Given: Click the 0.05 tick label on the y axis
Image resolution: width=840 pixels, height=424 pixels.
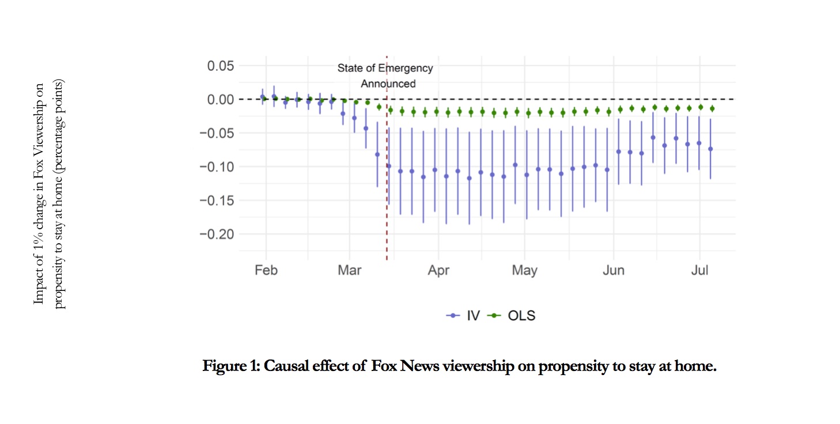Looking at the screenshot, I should pos(221,66).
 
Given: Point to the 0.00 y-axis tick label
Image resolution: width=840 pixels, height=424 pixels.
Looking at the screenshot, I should pos(221,99).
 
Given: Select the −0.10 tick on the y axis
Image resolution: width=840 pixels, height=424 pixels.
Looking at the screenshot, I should pos(217,167).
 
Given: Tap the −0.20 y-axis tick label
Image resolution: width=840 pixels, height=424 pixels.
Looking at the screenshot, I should pos(217,234).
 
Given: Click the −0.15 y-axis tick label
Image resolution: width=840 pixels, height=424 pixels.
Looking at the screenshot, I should pos(217,200).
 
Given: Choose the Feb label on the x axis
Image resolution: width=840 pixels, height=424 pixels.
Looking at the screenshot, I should pos(266,270).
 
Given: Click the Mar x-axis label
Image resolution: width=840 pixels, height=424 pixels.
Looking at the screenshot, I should pos(349,270).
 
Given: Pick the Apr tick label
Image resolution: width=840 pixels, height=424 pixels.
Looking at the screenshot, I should pos(438,270).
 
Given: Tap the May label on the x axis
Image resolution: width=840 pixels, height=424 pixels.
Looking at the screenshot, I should pos(524,270).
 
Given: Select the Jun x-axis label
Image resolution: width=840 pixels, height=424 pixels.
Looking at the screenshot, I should pos(614,270).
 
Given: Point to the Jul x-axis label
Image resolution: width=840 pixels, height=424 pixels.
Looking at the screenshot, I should pos(699,270).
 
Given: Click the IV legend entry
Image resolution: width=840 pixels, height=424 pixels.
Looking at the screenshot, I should pos(464,316).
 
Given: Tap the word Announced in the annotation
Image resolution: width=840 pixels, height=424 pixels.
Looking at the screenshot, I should pos(388,84).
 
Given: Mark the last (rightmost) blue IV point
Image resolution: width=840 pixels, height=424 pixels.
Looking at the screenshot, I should pos(710,149).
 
